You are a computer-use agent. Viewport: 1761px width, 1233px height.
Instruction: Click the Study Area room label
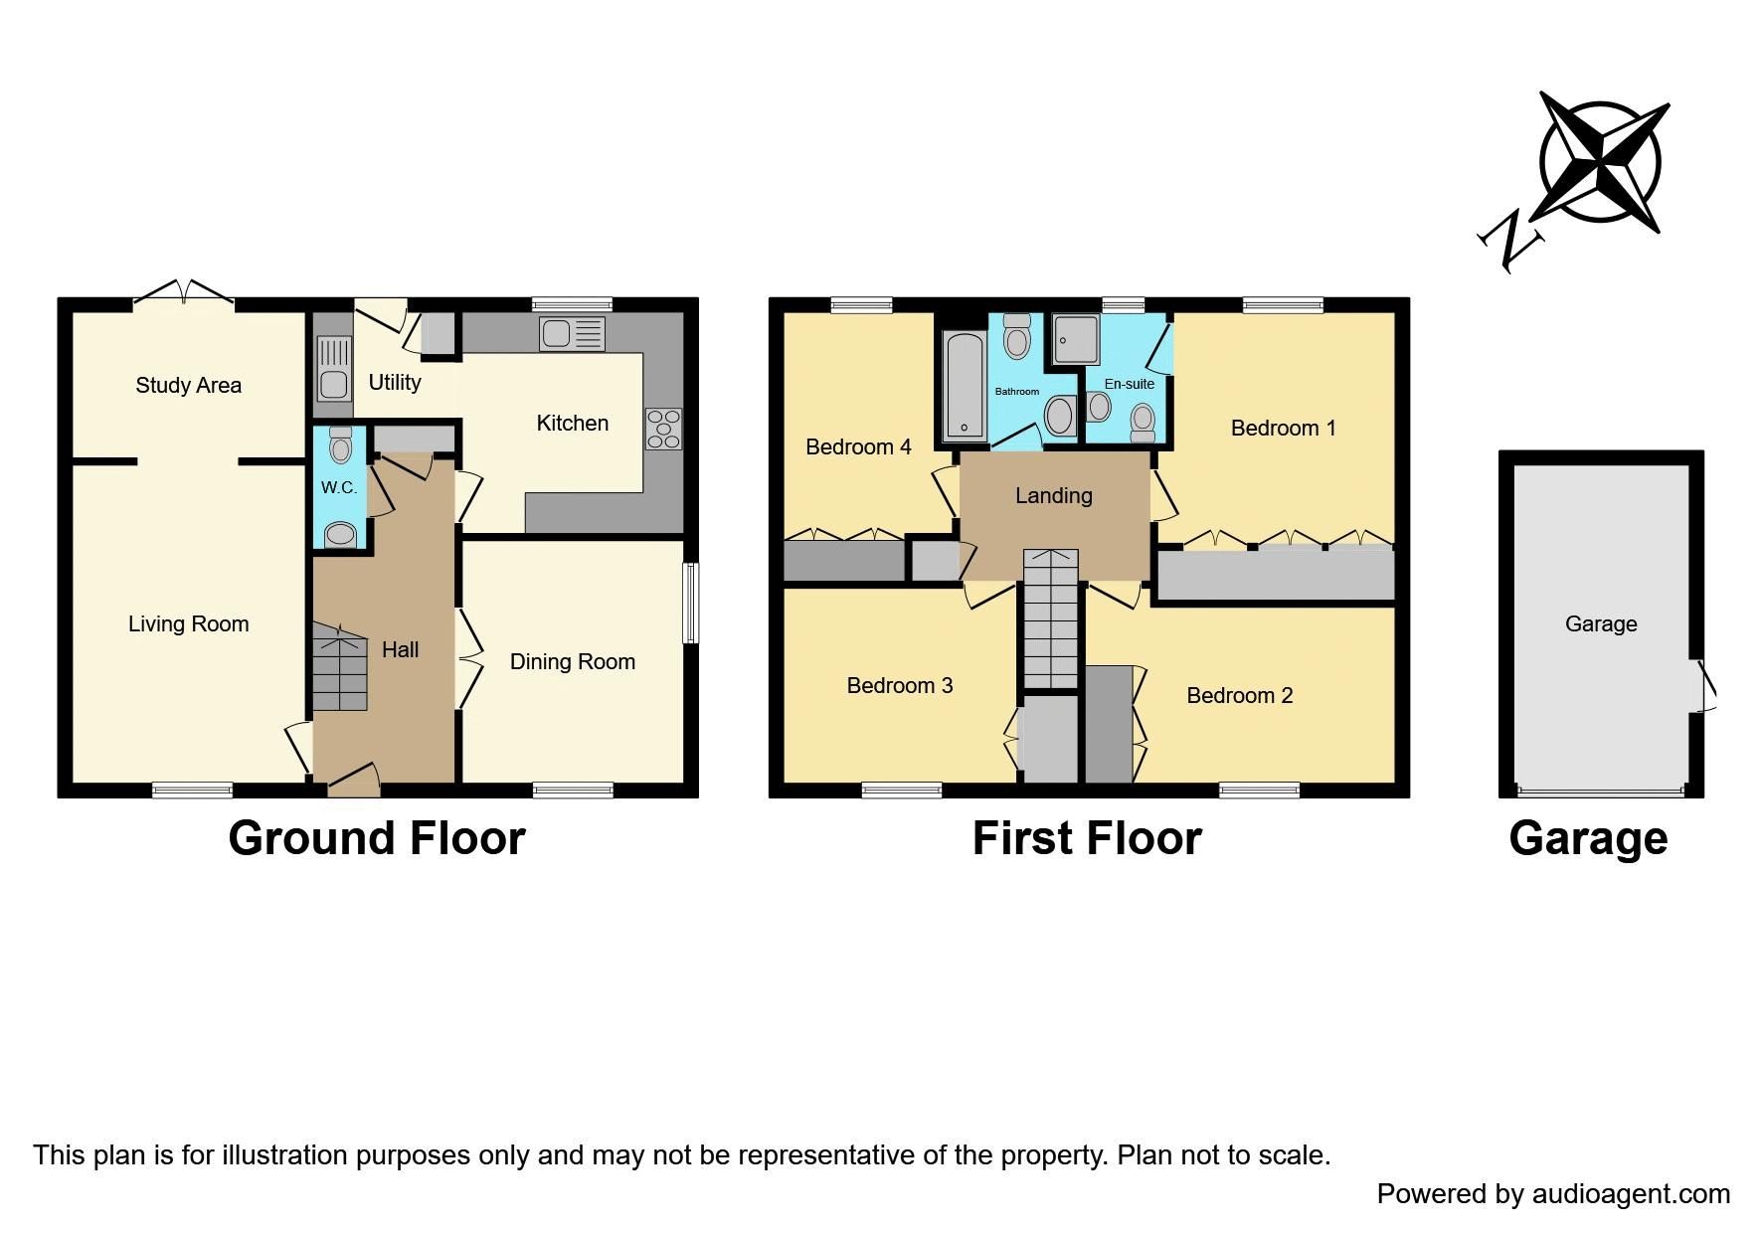pyautogui.click(x=188, y=386)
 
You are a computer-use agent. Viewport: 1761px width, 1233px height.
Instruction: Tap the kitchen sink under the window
pyautogui.click(x=571, y=334)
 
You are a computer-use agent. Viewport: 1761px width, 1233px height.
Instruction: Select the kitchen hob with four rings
pyautogui.click(x=663, y=429)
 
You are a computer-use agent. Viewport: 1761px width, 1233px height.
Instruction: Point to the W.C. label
pyautogui.click(x=338, y=488)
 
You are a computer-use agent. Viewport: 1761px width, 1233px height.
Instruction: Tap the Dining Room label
pyautogui.click(x=572, y=662)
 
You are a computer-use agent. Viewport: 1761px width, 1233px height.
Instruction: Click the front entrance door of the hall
pyautogui.click(x=353, y=781)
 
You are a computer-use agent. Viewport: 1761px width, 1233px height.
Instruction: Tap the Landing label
pyautogui.click(x=1053, y=495)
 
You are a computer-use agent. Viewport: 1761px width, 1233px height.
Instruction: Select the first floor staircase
pyautogui.click(x=1051, y=618)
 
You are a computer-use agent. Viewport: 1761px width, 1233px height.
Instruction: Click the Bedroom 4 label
pyautogui.click(x=857, y=447)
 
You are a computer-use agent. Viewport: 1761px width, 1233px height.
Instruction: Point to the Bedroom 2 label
pyautogui.click(x=1239, y=696)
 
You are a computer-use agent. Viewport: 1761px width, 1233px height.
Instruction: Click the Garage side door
pyautogui.click(x=1705, y=685)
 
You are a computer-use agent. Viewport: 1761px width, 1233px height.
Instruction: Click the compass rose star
pyautogui.click(x=1599, y=162)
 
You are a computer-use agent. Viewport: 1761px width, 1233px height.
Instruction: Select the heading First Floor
pyautogui.click(x=1086, y=838)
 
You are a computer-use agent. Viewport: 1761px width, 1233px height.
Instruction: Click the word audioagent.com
pyautogui.click(x=1631, y=1194)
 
